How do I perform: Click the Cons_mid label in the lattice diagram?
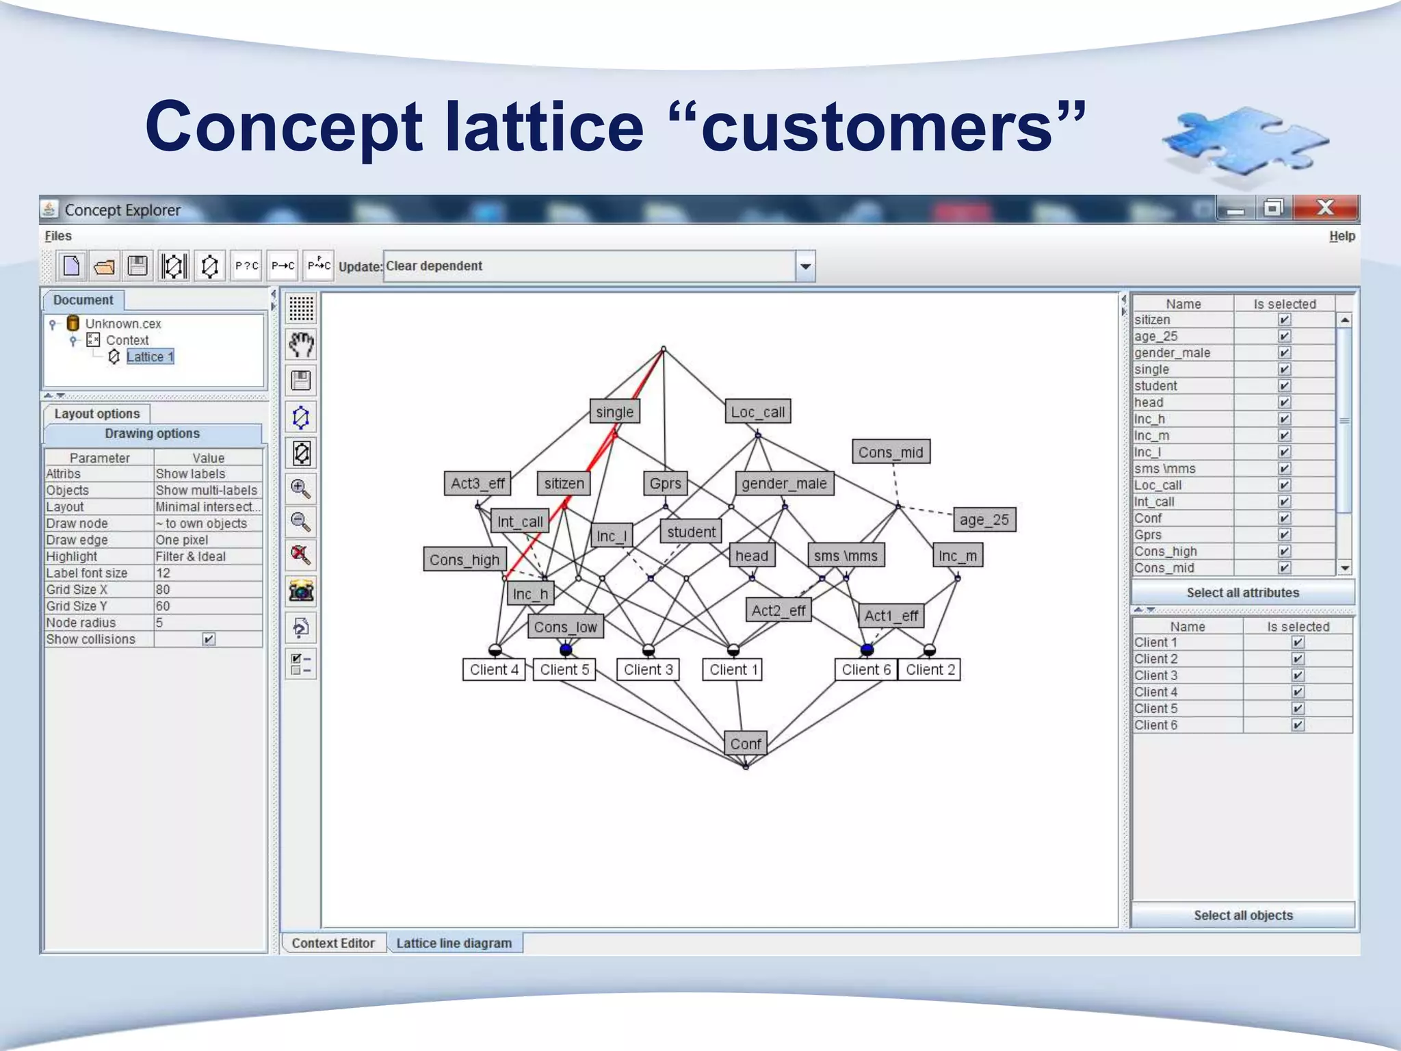891,452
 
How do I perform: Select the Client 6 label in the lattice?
866,669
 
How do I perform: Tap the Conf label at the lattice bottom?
745,743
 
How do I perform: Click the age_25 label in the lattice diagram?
984,519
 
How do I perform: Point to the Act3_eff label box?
477,483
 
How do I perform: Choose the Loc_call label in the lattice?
757,412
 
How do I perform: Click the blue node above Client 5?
566,649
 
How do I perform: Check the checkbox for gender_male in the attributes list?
1284,353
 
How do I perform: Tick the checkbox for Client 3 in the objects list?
1297,675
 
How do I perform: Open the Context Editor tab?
333,943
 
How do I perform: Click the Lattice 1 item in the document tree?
150,356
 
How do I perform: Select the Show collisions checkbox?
209,639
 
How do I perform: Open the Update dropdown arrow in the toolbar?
805,266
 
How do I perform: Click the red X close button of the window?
1325,208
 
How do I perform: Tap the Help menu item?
1341,236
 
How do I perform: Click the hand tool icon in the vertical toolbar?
301,344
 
